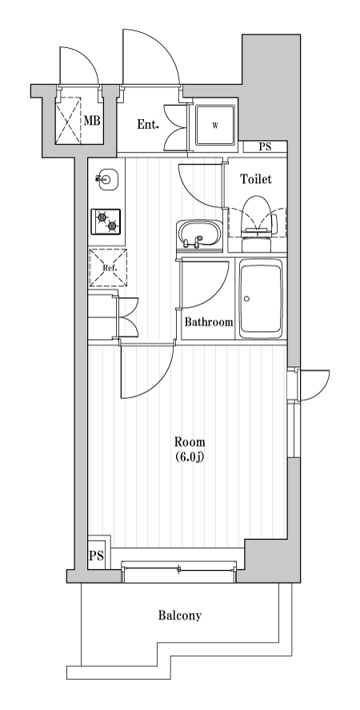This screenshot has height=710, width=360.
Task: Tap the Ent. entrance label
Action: pos(148,124)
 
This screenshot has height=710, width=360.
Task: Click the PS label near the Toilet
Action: pos(263,147)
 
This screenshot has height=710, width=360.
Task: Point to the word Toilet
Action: pos(256,179)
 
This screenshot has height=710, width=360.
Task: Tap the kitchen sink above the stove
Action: pos(106,179)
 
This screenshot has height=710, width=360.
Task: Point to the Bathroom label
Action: pos(209,322)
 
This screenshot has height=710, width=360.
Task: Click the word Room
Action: pos(190,442)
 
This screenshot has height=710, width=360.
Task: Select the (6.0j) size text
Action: pos(190,457)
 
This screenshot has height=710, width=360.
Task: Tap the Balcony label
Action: pos(179,616)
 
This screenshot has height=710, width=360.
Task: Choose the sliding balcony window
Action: pos(180,568)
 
